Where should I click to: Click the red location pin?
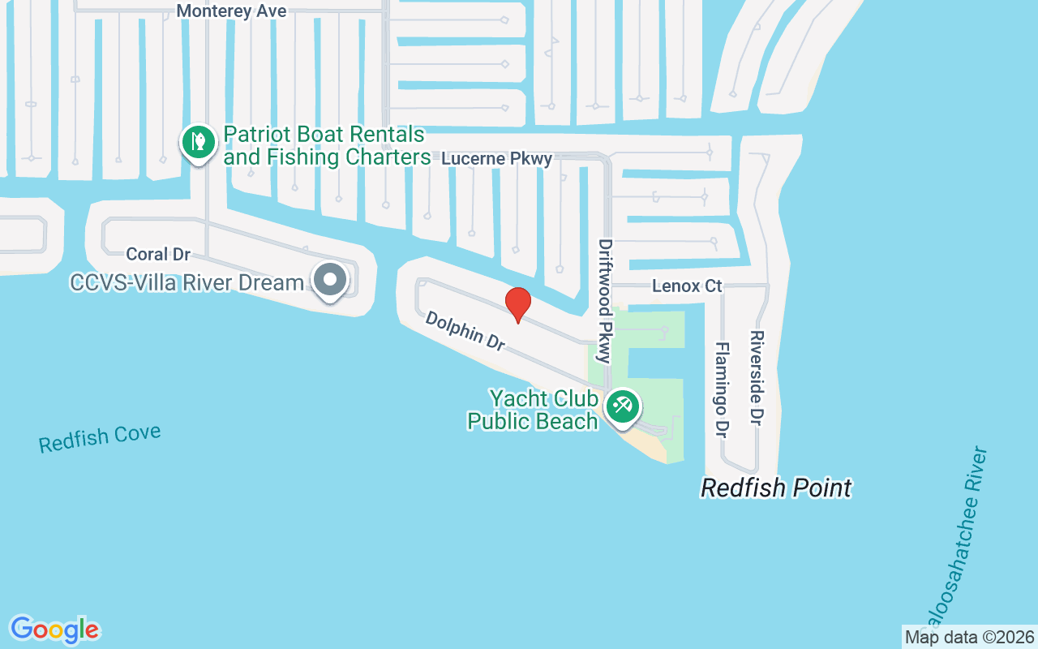point(518,304)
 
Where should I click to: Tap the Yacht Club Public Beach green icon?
point(622,405)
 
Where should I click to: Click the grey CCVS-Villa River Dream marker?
point(329,281)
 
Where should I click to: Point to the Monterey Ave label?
point(231,11)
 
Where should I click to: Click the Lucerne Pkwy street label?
point(496,159)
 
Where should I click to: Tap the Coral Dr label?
point(158,254)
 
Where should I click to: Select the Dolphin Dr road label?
point(465,330)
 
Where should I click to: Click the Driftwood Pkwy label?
point(605,300)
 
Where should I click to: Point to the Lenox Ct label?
point(687,286)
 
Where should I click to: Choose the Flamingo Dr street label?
point(720,389)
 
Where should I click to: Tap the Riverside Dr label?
point(757,377)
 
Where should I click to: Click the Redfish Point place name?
point(776,488)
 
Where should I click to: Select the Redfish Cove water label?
point(100,438)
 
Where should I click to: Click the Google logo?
point(54,630)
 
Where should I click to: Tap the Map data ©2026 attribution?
point(969,637)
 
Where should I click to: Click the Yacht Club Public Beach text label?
point(533,410)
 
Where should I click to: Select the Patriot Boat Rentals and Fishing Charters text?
point(326,145)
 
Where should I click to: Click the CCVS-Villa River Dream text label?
point(187,282)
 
